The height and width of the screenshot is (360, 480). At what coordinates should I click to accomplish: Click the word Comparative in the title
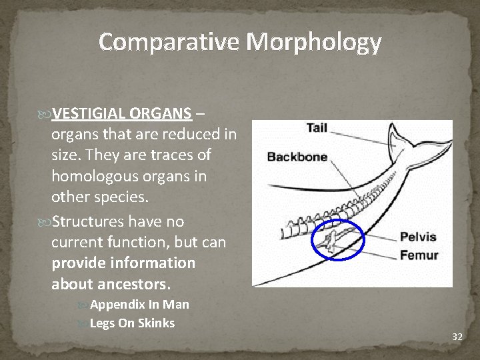click(x=169, y=42)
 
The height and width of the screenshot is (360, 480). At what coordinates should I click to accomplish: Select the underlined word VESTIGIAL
click(x=88, y=112)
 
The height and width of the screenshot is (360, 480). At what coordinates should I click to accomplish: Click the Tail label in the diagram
click(x=317, y=128)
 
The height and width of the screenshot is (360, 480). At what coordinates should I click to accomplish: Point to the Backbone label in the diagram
click(x=297, y=157)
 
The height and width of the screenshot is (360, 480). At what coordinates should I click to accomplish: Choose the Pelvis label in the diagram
click(x=418, y=237)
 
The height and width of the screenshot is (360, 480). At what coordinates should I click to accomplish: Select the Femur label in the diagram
click(x=419, y=255)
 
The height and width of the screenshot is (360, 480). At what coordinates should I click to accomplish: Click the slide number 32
click(x=457, y=337)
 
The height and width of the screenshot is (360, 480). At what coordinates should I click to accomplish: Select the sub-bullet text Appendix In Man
click(x=139, y=305)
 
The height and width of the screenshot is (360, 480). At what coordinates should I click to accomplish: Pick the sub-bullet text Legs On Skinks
click(x=132, y=323)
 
